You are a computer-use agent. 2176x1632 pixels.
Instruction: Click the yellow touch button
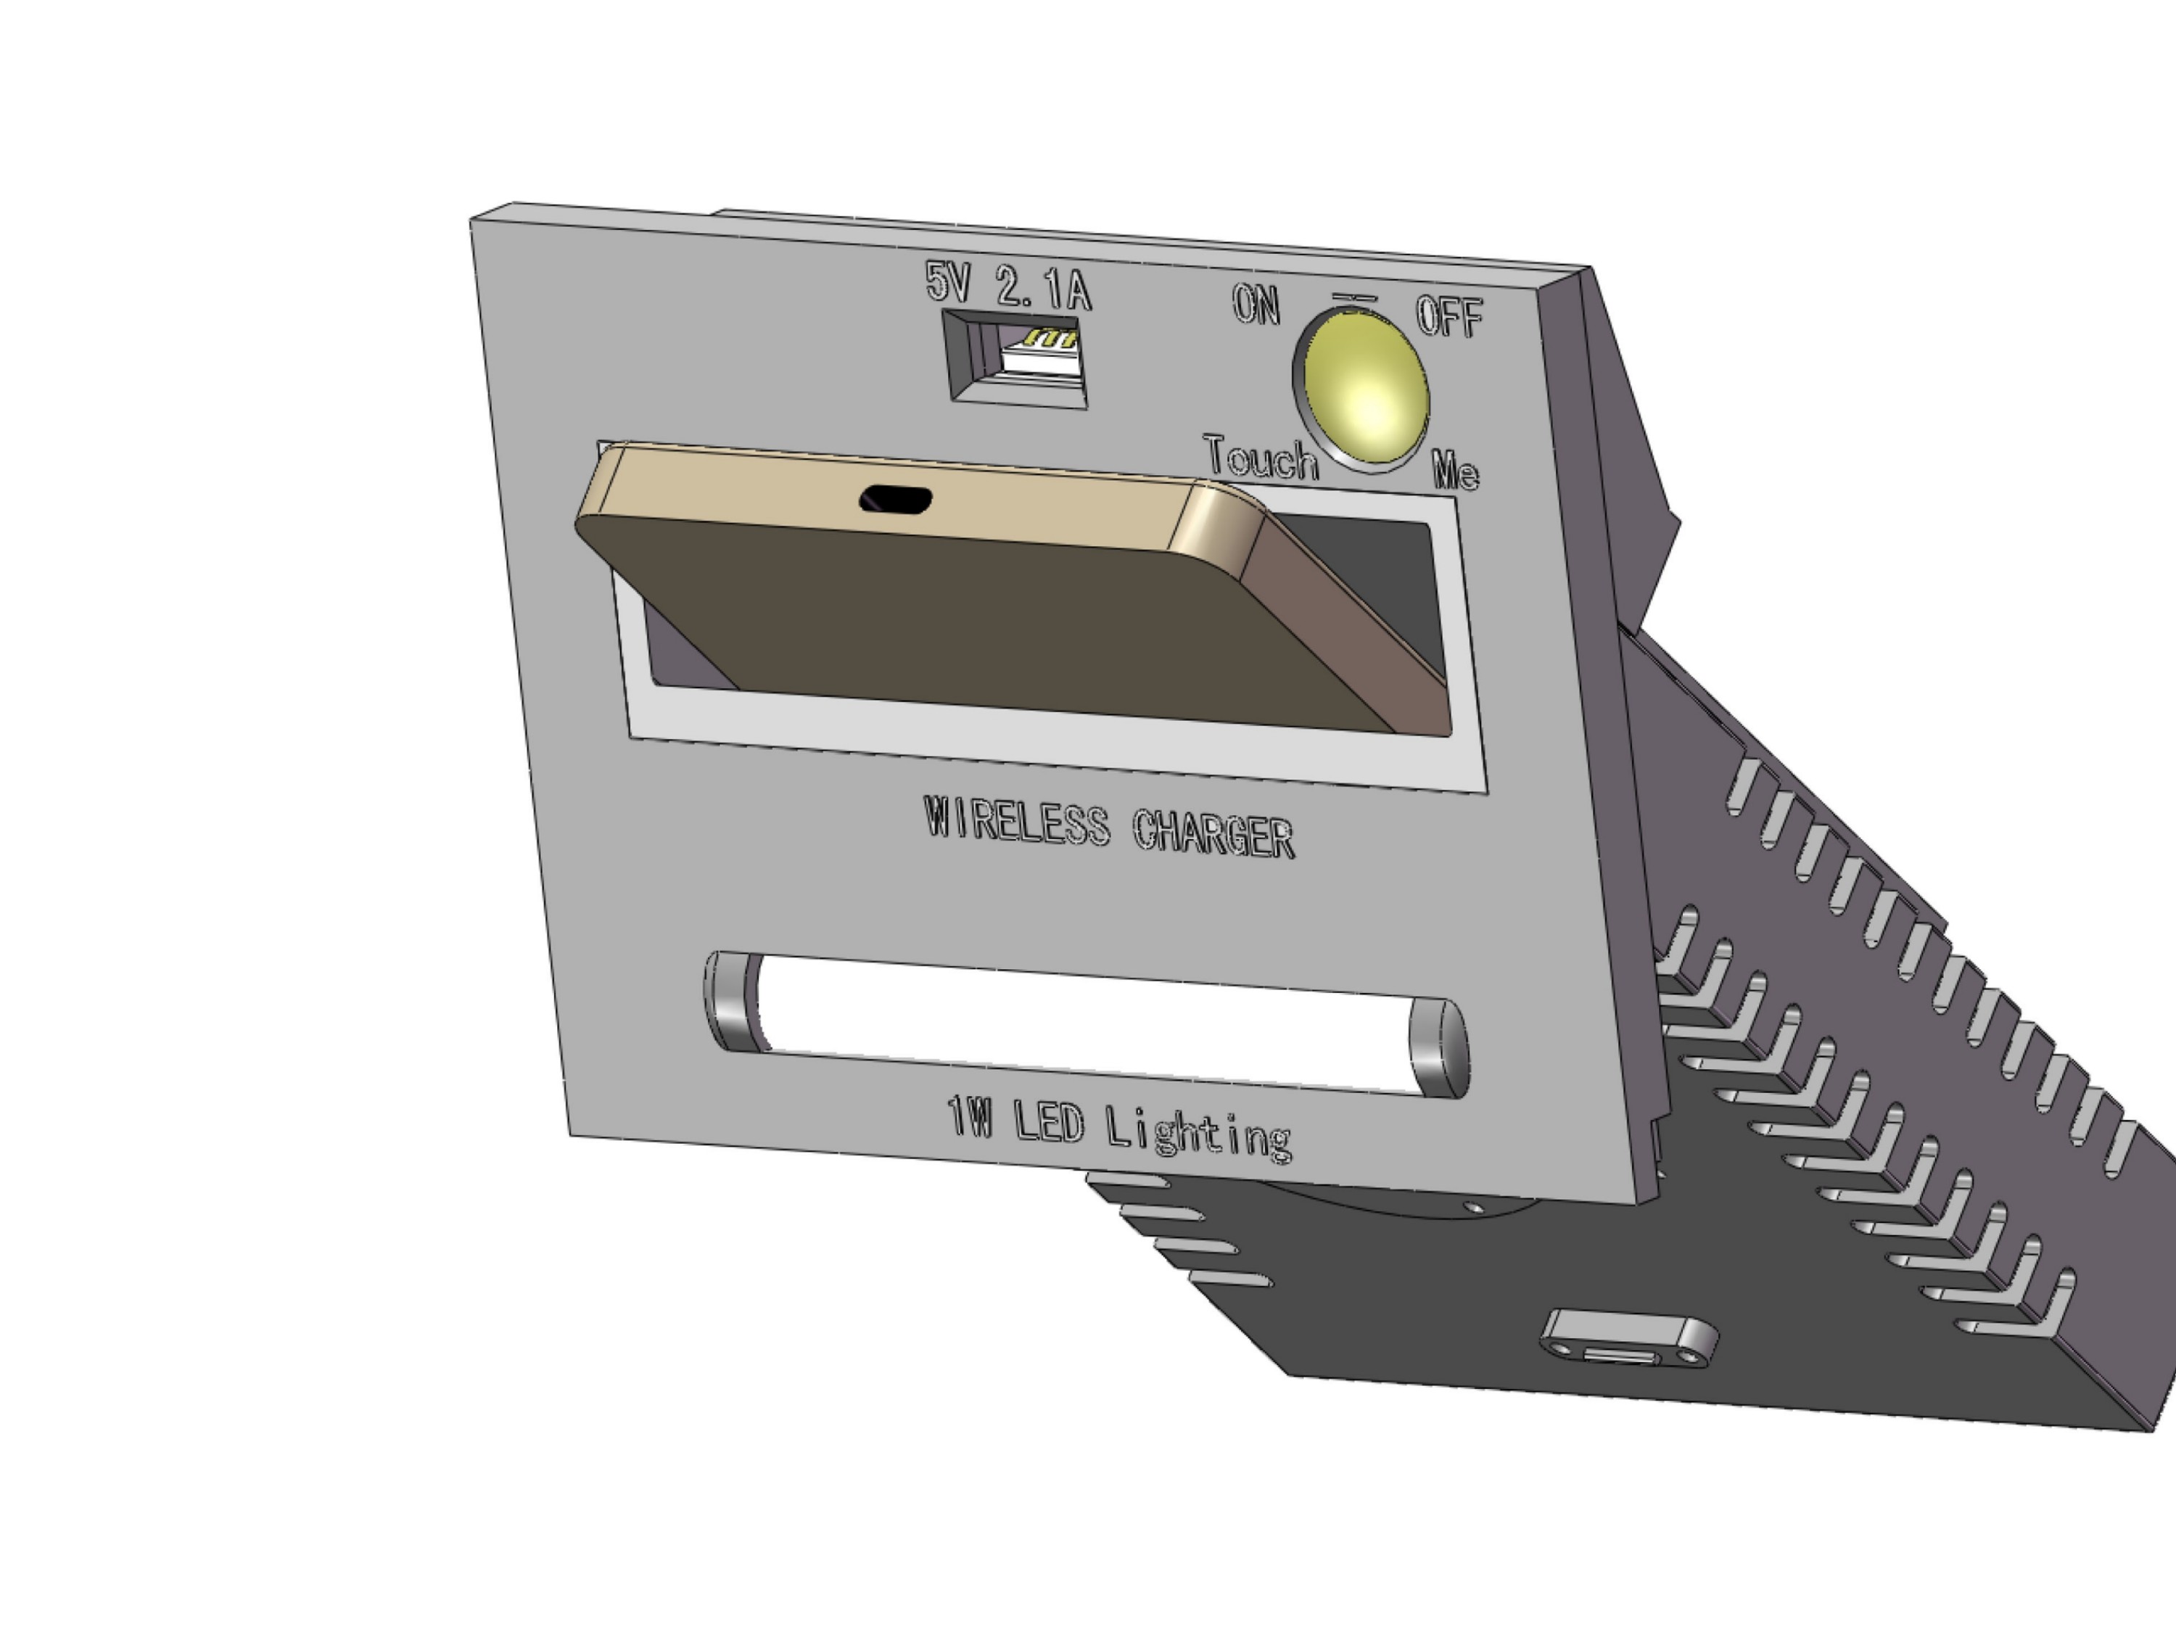(x=1365, y=387)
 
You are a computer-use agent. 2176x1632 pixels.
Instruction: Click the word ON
(x=1256, y=305)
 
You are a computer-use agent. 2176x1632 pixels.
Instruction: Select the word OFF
(x=1449, y=317)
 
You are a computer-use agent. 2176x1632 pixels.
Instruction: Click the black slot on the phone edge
(x=895, y=500)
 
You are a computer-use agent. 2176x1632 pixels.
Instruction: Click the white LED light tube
(x=1082, y=1023)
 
